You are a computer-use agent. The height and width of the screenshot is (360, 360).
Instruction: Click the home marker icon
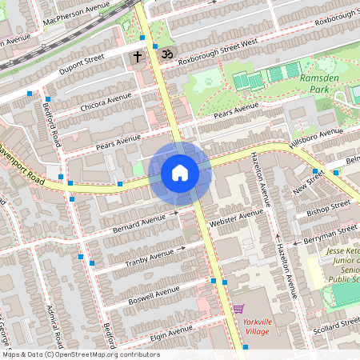click(x=180, y=173)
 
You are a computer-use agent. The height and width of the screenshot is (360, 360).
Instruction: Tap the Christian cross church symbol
click(x=138, y=57)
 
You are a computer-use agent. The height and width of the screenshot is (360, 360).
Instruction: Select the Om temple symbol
click(x=166, y=54)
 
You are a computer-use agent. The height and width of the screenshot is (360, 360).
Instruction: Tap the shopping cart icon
click(x=238, y=309)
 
